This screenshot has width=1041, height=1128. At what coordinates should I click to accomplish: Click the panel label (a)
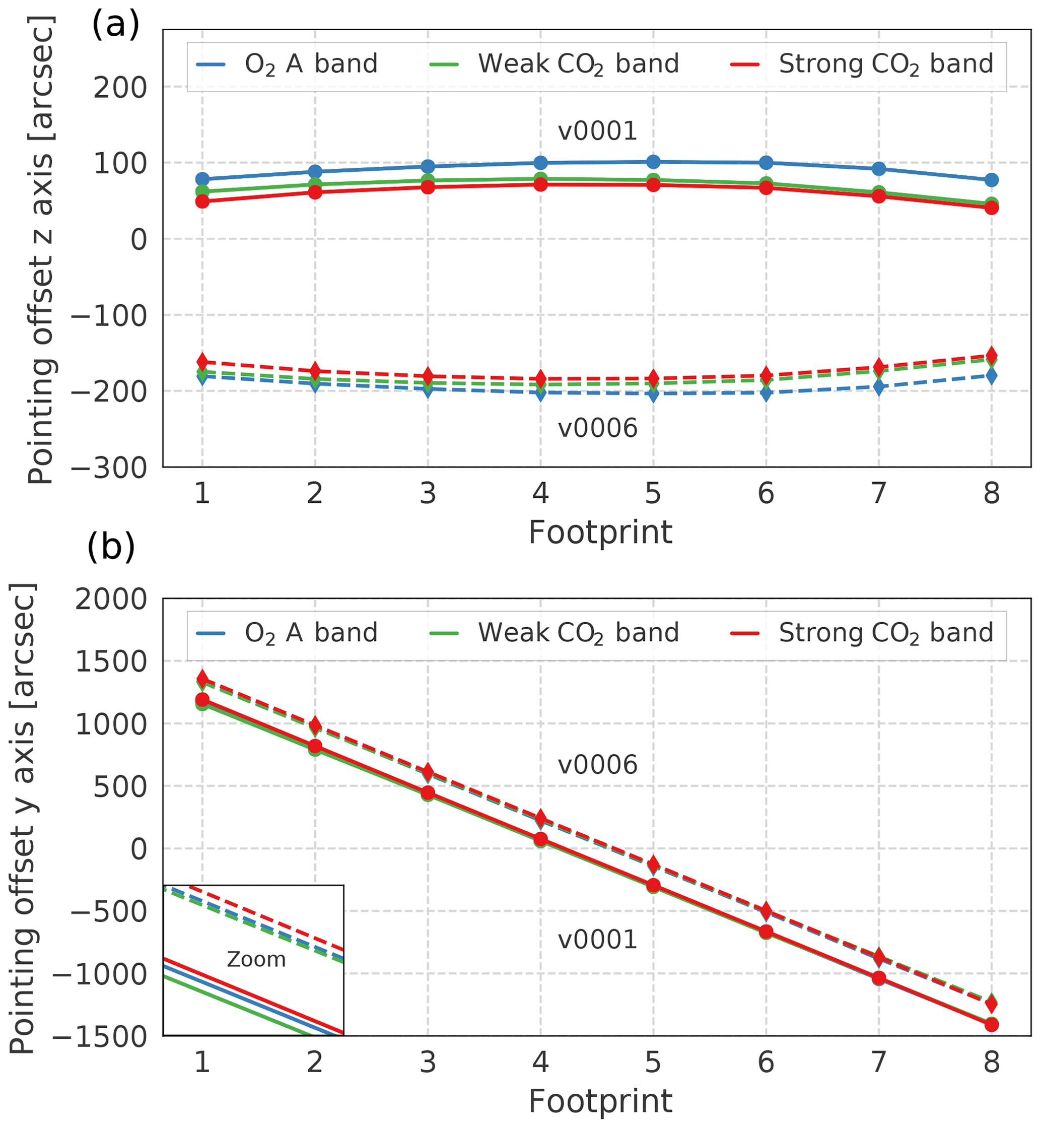pos(115,25)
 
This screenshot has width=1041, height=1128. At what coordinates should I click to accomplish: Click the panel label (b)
pos(111,547)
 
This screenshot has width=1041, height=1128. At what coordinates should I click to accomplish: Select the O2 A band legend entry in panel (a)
pos(287,64)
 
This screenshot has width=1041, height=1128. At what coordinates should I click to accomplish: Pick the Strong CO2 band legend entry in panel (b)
pos(862,633)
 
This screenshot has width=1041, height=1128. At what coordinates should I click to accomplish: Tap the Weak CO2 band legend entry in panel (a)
pos(554,64)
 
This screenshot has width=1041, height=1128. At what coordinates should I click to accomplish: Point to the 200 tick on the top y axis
pos(120,88)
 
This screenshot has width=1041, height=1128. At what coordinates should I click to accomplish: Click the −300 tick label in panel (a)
pos(109,468)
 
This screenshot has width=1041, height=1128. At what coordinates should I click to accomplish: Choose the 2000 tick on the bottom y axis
pos(111,600)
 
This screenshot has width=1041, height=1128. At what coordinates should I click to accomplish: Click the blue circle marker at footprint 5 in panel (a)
pos(653,162)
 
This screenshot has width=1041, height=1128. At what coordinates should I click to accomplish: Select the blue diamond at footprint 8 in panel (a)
pos(992,375)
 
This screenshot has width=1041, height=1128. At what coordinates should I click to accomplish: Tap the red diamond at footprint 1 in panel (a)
pos(202,362)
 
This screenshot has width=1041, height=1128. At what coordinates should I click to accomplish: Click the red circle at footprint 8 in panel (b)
pos(992,1024)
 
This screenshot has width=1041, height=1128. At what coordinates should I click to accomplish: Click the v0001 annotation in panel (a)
pos(597,131)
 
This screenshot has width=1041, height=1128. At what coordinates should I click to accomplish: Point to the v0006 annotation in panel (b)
pos(597,765)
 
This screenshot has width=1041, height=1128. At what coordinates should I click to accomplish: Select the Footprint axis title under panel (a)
pos(600,533)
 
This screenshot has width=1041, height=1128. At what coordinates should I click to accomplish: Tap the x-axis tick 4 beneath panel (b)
pos(540,1062)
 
